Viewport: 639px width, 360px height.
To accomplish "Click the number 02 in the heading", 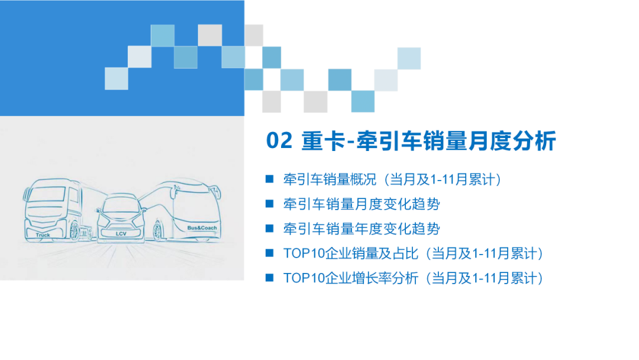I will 279,142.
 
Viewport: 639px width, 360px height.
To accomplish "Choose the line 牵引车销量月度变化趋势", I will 362,204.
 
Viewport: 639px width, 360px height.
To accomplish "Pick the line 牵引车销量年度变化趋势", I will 362,229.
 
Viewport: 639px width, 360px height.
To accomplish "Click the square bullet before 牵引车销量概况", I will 270,179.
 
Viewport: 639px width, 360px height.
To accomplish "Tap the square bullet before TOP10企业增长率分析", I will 270,278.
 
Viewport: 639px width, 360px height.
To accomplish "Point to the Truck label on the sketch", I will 43,235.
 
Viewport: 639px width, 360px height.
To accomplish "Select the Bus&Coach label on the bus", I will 202,228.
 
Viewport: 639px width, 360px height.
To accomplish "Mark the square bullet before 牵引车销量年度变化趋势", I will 270,229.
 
